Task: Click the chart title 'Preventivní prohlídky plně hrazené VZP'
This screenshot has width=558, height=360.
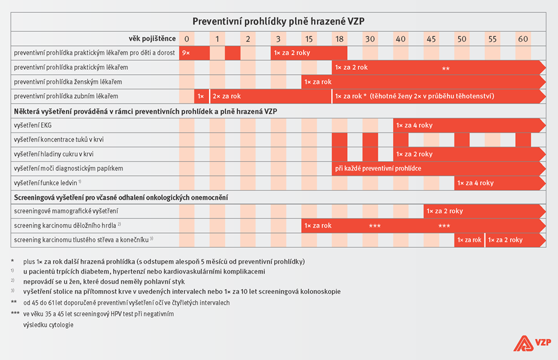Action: (278, 21)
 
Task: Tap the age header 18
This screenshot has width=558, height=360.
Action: (340, 39)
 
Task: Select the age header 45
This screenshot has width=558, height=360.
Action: (431, 39)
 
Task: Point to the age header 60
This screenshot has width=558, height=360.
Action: (523, 39)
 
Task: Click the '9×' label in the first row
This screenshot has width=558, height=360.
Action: (186, 53)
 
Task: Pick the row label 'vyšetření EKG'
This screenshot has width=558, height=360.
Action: (32, 125)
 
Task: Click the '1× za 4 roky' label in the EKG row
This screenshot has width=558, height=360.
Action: (415, 125)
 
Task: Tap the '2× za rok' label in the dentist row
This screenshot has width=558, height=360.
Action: (226, 96)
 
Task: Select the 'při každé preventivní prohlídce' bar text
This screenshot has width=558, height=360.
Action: (378, 169)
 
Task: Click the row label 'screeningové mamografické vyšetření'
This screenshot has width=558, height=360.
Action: (66, 211)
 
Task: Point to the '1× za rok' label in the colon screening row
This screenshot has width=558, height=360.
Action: (469, 240)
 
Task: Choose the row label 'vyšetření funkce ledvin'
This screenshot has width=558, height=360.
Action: (45, 183)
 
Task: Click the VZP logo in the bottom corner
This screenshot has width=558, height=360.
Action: (532, 343)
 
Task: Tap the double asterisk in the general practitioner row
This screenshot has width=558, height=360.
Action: (446, 69)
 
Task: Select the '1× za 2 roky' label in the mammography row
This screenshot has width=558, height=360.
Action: (445, 211)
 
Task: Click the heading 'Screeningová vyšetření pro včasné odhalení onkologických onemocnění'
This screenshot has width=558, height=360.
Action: (121, 197)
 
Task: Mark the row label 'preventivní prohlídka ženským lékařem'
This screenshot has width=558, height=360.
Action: (68, 82)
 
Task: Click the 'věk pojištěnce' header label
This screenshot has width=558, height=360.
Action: (152, 39)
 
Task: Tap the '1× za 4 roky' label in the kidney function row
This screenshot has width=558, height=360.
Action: (475, 183)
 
